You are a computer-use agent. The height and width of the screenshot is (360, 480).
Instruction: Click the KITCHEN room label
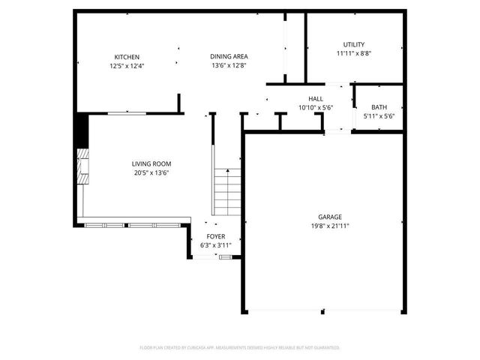[x=126, y=57]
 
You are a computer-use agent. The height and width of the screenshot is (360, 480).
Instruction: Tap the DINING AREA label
[x=229, y=57]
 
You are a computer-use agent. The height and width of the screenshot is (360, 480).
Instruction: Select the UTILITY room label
[x=354, y=45]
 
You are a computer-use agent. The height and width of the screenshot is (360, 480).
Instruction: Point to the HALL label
[x=315, y=99]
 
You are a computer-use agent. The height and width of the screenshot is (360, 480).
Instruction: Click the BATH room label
[x=379, y=107]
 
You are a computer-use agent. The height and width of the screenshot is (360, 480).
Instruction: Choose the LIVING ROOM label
[x=151, y=164]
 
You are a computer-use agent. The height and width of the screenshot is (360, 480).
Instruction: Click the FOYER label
[x=216, y=236]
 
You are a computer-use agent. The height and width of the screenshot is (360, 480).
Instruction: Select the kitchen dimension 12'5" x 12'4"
[x=126, y=66]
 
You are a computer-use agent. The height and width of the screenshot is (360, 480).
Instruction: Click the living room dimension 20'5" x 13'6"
[x=151, y=173]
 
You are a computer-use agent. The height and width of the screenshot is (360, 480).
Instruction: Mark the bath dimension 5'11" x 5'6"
[x=379, y=116]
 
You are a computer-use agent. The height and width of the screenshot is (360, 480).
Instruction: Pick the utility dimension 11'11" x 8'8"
[x=354, y=54]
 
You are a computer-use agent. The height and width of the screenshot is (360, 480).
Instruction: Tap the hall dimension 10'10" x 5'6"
[x=315, y=108]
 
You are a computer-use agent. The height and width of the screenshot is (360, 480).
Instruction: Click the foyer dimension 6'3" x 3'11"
[x=216, y=245]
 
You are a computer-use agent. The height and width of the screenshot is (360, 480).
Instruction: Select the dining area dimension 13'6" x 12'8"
[x=229, y=66]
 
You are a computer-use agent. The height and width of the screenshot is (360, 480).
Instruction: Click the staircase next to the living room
[x=226, y=190]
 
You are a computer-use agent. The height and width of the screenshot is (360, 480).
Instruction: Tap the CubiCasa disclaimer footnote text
[x=240, y=348]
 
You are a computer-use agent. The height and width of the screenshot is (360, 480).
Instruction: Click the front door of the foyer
[x=225, y=257]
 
